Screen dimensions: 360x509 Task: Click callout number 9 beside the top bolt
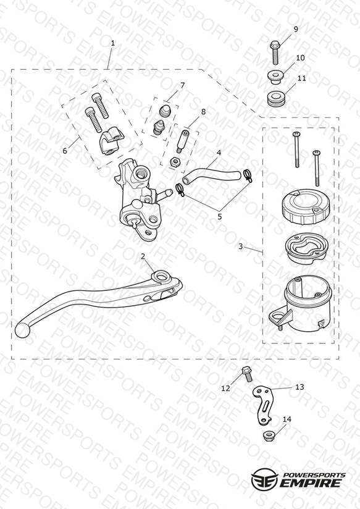295,29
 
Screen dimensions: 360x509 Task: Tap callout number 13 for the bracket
299,387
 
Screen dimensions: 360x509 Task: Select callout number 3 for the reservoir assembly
240,246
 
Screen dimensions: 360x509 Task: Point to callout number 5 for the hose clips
220,217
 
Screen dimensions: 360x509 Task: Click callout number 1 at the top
112,43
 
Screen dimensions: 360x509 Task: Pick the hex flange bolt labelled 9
275,53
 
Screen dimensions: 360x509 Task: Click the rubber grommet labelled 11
276,99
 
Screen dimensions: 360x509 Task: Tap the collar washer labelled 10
275,78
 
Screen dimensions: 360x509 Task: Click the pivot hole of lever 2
161,277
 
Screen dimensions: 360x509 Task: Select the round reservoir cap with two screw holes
305,207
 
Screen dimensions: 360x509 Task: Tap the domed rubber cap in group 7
165,111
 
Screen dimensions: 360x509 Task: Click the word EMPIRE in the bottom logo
311,483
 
